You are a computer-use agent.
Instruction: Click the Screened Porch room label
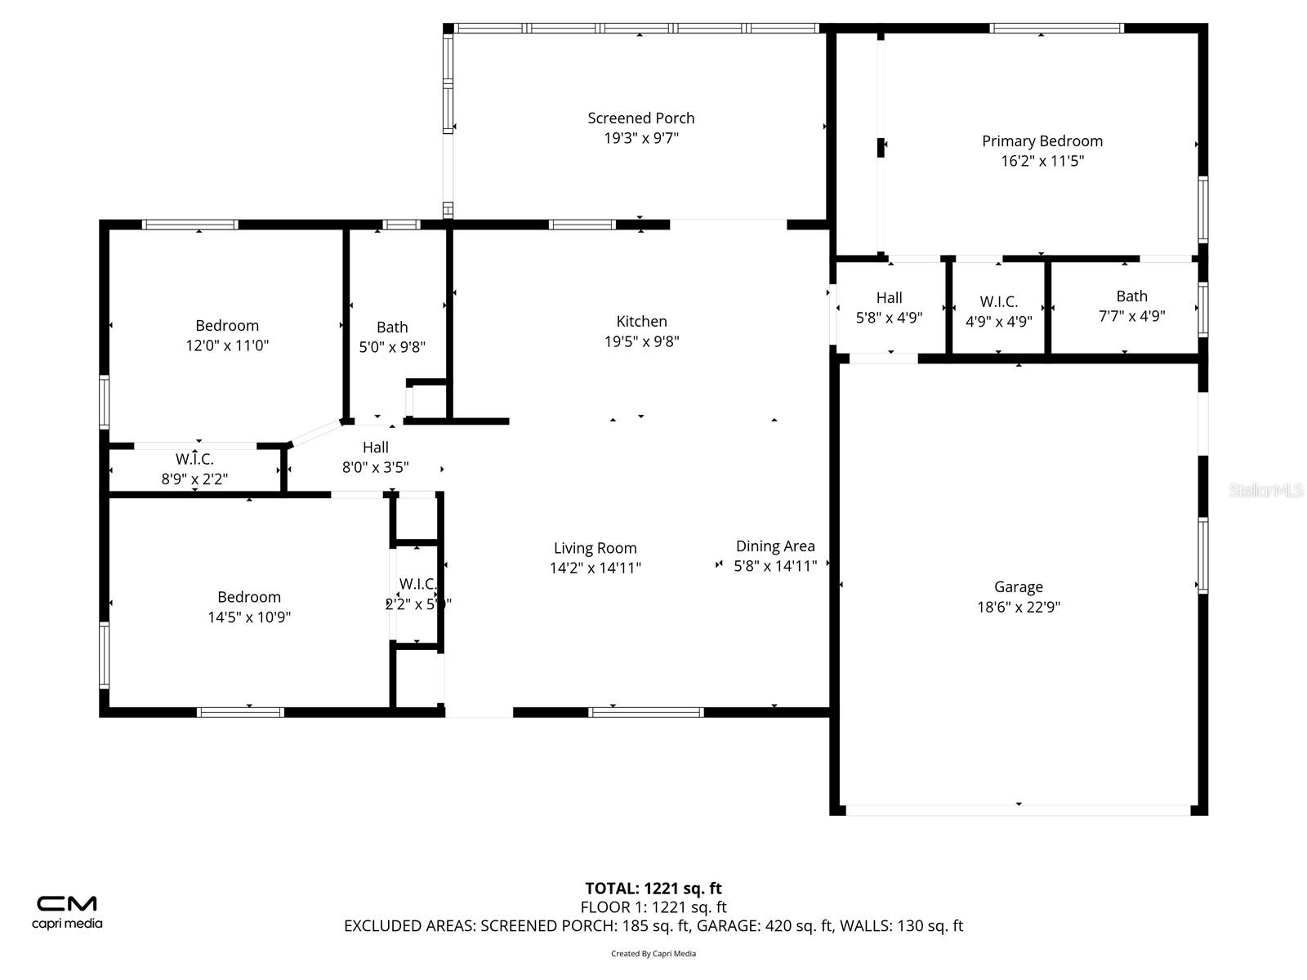tap(641, 118)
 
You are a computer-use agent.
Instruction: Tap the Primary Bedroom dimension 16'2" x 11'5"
tap(1042, 161)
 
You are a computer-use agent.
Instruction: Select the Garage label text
tap(1018, 587)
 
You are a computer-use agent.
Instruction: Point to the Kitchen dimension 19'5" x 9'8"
tap(642, 341)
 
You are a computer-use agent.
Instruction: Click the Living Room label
tap(595, 549)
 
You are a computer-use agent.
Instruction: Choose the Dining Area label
tap(775, 546)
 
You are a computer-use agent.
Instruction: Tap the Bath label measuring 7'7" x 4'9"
tap(1131, 296)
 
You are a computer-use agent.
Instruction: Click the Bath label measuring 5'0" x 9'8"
tap(392, 327)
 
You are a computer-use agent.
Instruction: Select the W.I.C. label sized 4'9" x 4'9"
tap(998, 302)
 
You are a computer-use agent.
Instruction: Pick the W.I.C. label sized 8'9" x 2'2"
tap(194, 460)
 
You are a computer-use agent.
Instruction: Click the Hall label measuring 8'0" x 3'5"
tap(376, 448)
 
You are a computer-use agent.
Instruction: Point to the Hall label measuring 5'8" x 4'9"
tap(889, 298)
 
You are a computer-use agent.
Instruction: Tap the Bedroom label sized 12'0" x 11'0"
tap(227, 326)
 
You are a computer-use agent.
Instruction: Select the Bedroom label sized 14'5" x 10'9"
tap(249, 598)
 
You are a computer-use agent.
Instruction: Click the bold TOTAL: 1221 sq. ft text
tap(653, 889)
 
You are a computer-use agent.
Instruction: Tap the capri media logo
tap(67, 911)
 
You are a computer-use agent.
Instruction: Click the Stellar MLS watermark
tap(1265, 491)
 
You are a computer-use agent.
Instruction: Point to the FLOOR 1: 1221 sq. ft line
tap(653, 907)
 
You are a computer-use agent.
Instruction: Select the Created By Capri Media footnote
tap(653, 953)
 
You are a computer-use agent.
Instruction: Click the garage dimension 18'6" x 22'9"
tap(1018, 607)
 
